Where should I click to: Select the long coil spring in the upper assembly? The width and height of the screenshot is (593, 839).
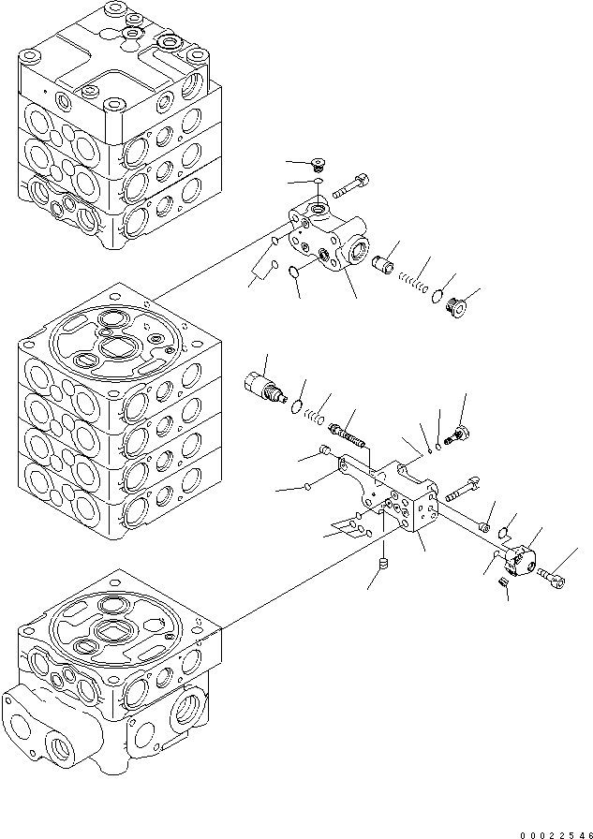pyautogui.click(x=412, y=277)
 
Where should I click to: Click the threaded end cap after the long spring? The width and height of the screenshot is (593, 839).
pyautogui.click(x=460, y=305)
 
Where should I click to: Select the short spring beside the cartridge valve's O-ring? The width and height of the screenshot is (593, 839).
pyautogui.click(x=318, y=408)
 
